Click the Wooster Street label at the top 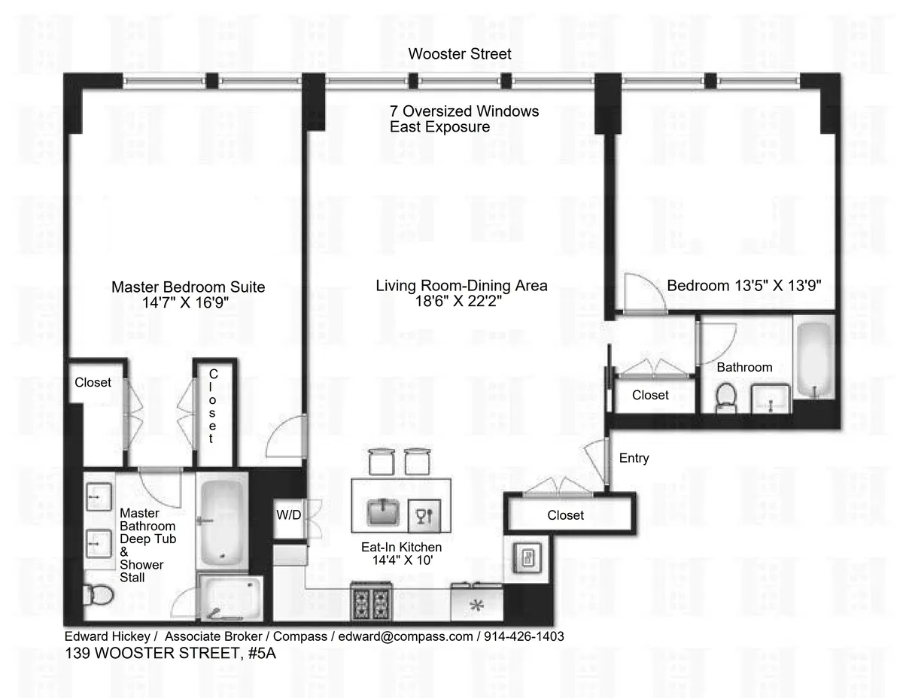point(460,53)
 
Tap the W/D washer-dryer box point(288,516)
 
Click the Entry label point(634,458)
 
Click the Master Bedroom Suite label point(188,287)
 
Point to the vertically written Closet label point(213,406)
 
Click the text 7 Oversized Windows point(464,111)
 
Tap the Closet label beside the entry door point(565,515)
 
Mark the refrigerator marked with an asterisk point(476,604)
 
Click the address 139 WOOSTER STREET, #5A point(170,653)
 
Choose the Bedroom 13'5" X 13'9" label point(743,286)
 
